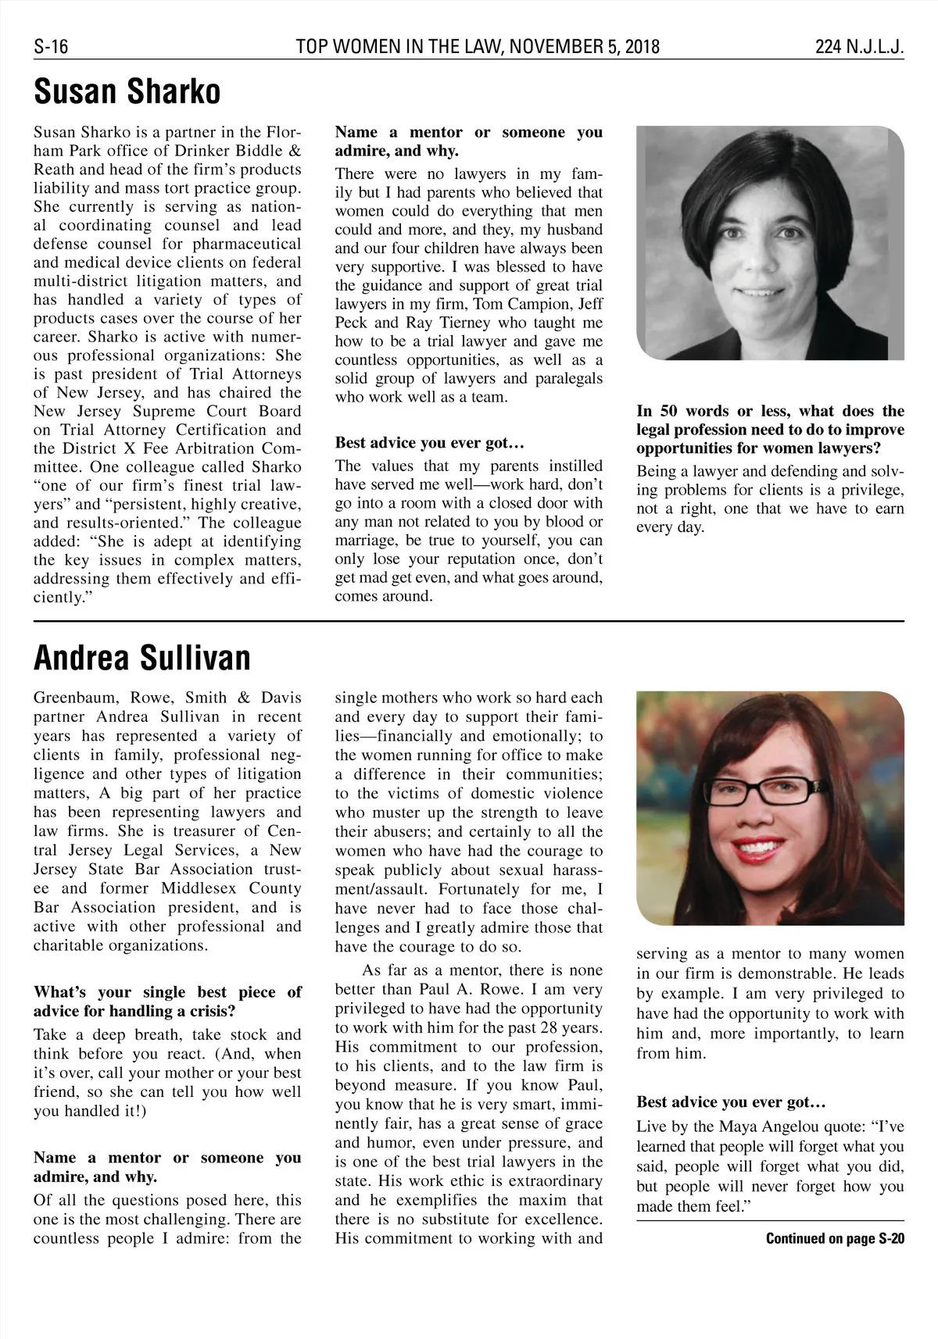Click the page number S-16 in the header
51,47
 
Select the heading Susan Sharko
127,92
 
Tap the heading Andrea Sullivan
142,658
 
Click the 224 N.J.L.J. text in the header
860,47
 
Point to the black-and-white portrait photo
770,242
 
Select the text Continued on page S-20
835,1238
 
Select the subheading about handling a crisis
167,1002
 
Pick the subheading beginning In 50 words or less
770,430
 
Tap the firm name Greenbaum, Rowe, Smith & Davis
167,698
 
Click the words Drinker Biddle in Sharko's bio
232,151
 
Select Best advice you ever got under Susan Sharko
428,443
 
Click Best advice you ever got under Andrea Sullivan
731,1102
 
